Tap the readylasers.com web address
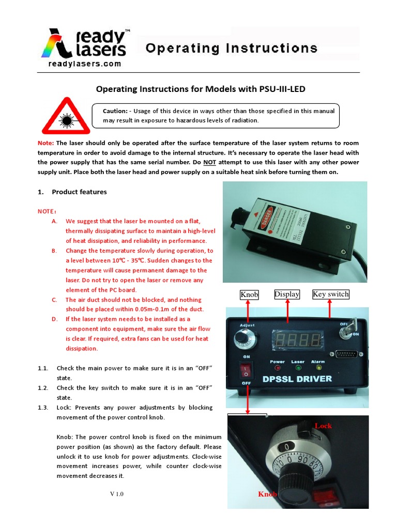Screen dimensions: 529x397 tap(85, 64)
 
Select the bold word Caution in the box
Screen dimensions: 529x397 tap(115, 111)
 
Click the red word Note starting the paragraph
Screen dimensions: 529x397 tap(45, 143)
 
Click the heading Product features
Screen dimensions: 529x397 tap(79, 192)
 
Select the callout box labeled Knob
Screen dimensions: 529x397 tap(249, 294)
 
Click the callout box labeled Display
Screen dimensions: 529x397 tap(287, 294)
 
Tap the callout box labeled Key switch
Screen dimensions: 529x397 tap(331, 294)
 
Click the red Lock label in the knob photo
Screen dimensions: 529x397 tap(323, 426)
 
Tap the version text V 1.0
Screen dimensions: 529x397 tap(117, 494)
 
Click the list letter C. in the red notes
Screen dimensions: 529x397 tap(54, 300)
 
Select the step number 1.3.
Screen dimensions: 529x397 tap(43, 407)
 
